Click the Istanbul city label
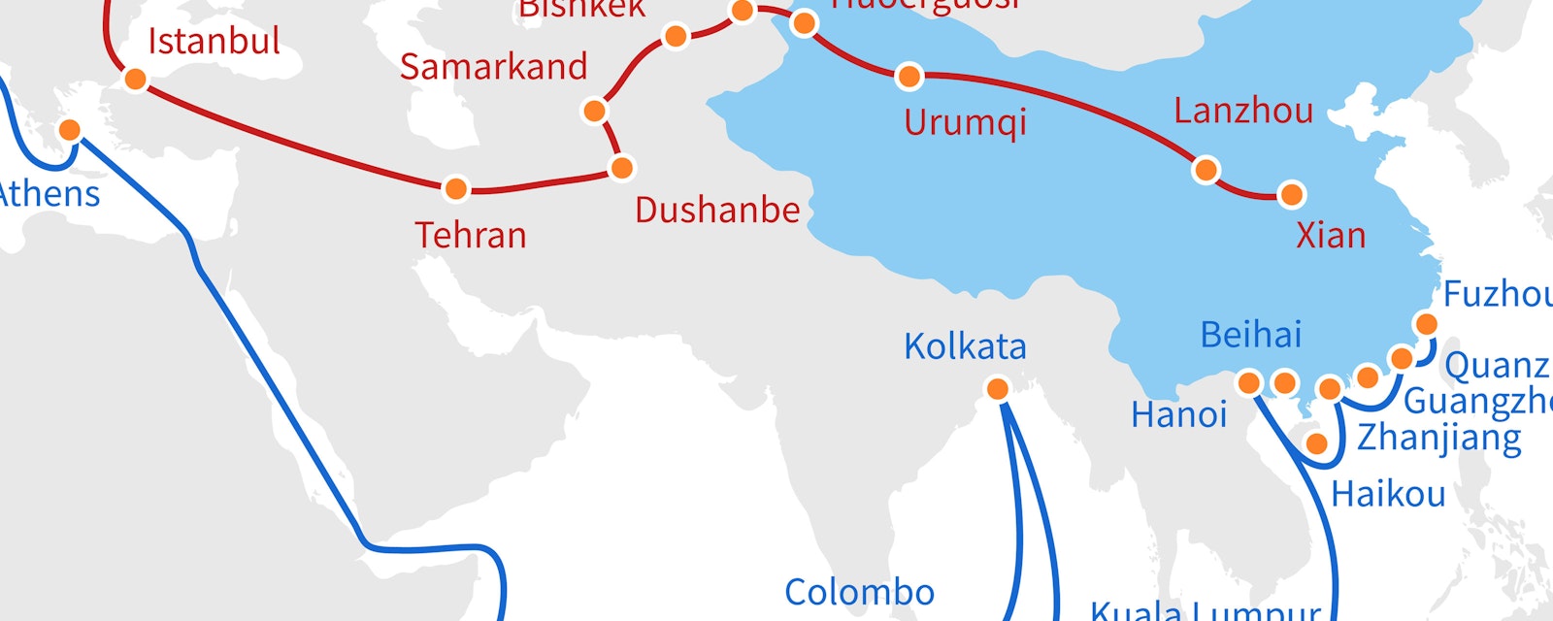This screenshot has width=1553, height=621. point(214,42)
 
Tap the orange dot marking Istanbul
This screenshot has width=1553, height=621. point(136,79)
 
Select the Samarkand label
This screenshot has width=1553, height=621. point(493,67)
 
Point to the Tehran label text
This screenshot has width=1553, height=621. point(471,235)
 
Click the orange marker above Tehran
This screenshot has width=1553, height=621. point(455,188)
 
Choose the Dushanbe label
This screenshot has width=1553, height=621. point(717,210)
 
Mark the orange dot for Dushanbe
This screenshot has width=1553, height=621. point(622,168)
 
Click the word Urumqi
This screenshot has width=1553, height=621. point(965,123)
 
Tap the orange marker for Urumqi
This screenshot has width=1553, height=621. point(909,76)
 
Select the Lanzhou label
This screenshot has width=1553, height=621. point(1243,111)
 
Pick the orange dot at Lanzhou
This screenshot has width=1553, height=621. point(1206,170)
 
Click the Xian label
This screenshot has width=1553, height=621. point(1331,235)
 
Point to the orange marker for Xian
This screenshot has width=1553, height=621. point(1291,194)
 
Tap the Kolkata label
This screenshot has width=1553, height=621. point(965,346)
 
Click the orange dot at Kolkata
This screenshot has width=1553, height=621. point(997,389)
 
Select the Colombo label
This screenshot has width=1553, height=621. point(859,592)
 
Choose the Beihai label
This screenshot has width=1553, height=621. point(1251,335)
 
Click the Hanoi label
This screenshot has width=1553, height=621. point(1178,415)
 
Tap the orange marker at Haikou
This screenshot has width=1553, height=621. point(1317,443)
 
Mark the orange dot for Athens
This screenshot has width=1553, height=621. point(70,129)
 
